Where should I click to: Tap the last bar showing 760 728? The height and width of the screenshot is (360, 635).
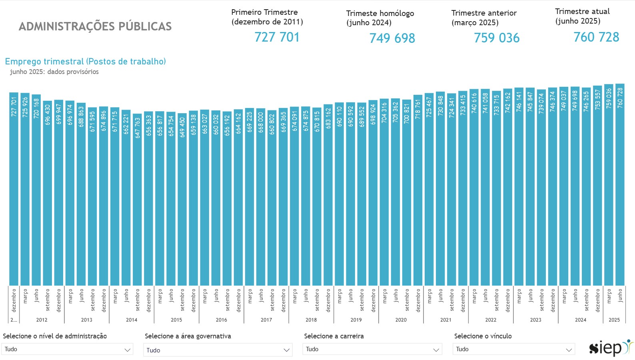coord(620,184)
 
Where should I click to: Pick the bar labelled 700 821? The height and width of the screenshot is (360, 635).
coord(407,192)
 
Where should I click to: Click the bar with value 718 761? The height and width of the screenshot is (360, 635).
coord(418,190)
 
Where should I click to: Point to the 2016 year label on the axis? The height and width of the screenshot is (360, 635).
coord(221,320)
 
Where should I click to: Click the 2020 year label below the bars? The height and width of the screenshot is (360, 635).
coord(401,320)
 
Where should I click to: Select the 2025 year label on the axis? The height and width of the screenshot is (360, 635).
coord(614,320)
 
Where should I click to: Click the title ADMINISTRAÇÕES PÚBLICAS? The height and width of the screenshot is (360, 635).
coord(95,26)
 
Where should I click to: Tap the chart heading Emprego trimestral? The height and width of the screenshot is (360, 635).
coord(85,62)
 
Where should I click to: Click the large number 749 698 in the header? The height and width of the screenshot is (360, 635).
coord(392,38)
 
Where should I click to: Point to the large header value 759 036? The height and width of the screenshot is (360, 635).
coord(497,38)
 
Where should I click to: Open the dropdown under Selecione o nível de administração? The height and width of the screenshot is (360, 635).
coord(67,349)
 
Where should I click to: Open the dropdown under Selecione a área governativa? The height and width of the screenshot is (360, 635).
coord(218,350)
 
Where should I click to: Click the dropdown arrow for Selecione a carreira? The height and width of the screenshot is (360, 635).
coord(436,350)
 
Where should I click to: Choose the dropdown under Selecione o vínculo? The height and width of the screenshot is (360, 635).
coord(514,349)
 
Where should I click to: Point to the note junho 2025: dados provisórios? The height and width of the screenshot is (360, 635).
coord(54,72)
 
